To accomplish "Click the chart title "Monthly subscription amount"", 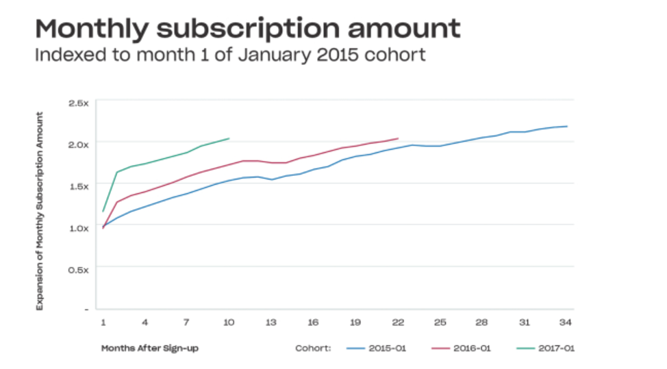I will click(247, 29).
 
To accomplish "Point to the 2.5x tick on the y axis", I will click(79, 103).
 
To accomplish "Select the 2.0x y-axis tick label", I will click(79, 144).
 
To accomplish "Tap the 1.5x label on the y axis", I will click(79, 186).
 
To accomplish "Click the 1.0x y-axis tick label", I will click(79, 227).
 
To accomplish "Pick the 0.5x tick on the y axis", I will click(79, 269).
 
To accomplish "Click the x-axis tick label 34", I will click(566, 322).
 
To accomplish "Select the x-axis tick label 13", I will click(270, 322).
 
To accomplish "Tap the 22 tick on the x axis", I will click(397, 322).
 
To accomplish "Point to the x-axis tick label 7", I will click(186, 322).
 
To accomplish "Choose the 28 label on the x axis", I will click(481, 322).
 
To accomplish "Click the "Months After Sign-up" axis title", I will click(150, 348).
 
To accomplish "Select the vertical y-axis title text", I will click(40, 211).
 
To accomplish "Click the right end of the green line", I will click(229, 138).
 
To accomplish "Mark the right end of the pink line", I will click(398, 138).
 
